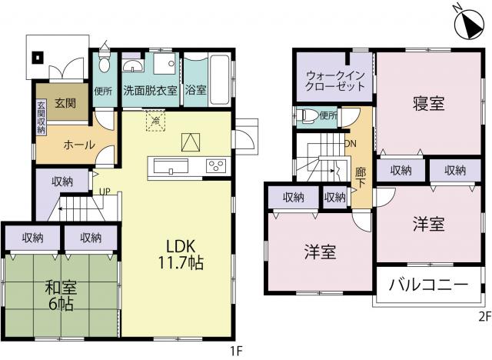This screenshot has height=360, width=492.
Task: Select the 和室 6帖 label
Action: (x=61, y=295)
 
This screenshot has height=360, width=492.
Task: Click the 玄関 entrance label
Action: (x=65, y=102)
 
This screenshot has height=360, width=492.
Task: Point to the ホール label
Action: (x=79, y=145)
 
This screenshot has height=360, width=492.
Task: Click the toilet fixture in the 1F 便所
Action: (x=103, y=63)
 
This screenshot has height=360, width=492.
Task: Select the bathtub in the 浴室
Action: (x=219, y=80)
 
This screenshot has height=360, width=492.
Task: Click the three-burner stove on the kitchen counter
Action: (x=215, y=165)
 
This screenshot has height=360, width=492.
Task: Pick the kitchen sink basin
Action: (x=171, y=166)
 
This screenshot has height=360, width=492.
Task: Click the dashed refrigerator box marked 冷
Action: (x=155, y=119)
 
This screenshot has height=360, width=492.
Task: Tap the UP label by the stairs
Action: (x=105, y=191)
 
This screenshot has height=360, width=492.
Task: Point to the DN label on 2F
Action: (x=351, y=144)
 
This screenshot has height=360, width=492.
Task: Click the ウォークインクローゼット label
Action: (x=335, y=81)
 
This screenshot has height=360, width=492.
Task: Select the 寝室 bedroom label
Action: (x=429, y=104)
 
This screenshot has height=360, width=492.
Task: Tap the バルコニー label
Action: (x=429, y=285)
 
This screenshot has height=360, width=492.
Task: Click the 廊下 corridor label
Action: (x=361, y=177)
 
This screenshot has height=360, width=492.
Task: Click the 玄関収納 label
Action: (x=41, y=118)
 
